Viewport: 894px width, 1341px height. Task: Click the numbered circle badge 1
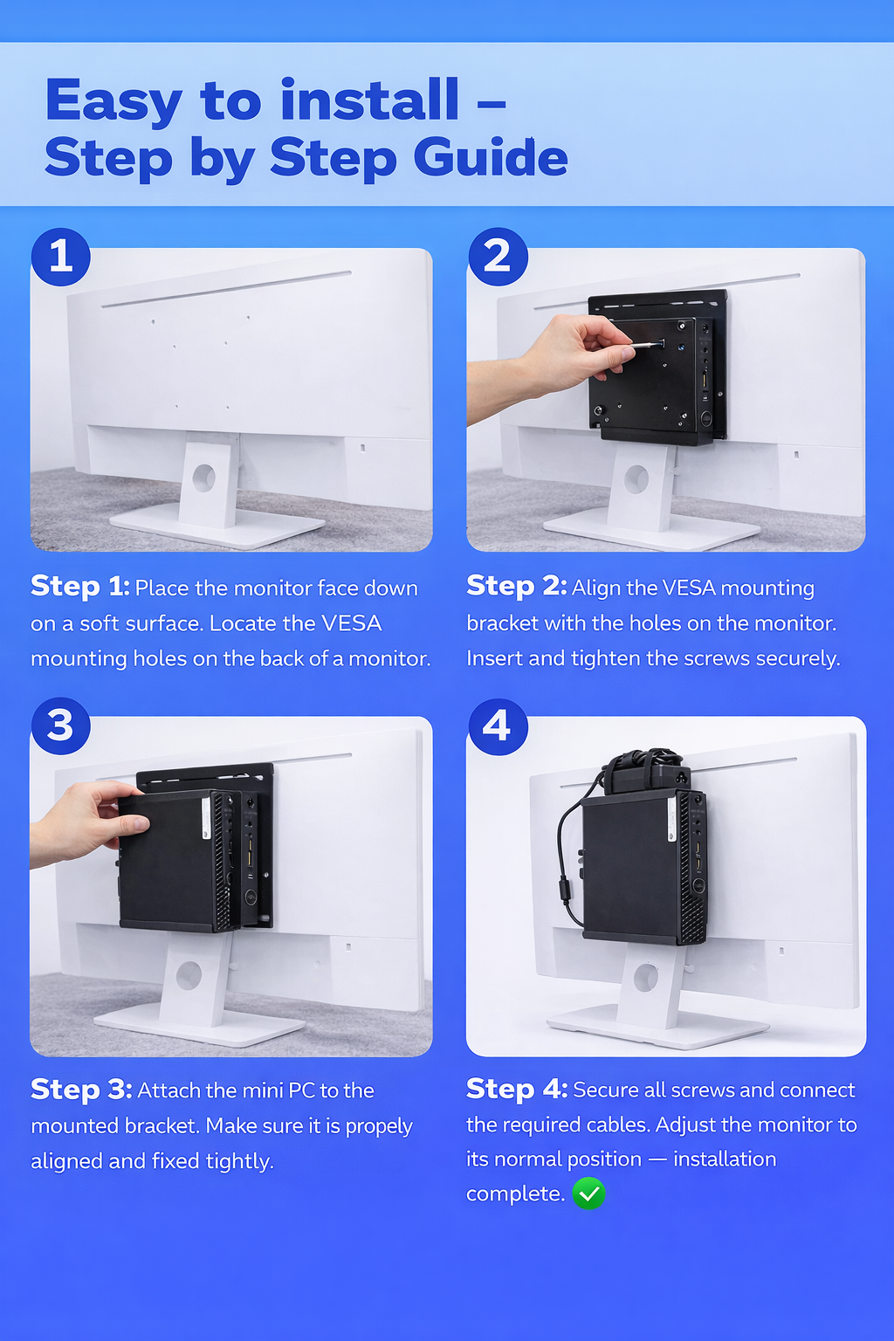point(60,257)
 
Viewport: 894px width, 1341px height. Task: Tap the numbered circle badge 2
point(498,257)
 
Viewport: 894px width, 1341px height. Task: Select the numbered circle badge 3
point(60,726)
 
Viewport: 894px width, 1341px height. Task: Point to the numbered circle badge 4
point(498,726)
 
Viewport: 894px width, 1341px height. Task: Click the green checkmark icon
point(588,1193)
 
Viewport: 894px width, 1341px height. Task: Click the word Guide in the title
point(491,157)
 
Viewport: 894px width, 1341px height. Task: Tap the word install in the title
point(369,100)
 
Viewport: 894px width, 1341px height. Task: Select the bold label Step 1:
point(79,586)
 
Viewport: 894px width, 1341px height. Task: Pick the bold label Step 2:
point(516,586)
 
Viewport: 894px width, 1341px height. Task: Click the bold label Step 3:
point(81,1089)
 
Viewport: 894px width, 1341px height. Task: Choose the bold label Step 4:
point(517,1089)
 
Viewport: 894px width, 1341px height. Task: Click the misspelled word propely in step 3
point(379,1127)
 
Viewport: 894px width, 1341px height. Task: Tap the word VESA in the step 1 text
point(352,623)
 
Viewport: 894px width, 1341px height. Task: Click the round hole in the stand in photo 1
point(203,478)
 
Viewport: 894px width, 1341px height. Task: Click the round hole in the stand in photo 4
point(645,977)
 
